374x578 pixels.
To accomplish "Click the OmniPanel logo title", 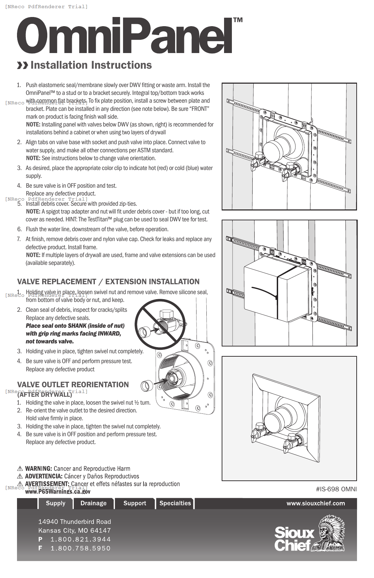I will pos(124,36).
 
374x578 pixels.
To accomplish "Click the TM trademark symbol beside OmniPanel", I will pos(238,20).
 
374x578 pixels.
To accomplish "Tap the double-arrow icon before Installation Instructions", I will pos(22,65).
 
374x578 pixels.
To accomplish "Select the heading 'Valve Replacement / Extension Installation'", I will pos(108,282).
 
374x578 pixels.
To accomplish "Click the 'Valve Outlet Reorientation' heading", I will pos(73,385).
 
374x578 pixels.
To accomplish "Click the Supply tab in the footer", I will pos(55,503).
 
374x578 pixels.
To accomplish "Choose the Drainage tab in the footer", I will pos(93,503).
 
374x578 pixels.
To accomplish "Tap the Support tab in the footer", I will pos(135,503).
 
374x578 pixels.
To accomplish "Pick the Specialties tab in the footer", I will pos(175,503).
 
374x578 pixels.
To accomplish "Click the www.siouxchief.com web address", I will pos(316,503).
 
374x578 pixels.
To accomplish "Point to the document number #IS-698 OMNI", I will pos(336,489).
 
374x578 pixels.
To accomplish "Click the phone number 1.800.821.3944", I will pos(81,539).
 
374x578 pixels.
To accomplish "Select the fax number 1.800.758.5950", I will pos(81,548).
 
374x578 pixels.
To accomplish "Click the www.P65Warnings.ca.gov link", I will pos(58,491).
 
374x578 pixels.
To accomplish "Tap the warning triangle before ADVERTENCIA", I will pos(20,476).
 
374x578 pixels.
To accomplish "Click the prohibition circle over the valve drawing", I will pos(160,324).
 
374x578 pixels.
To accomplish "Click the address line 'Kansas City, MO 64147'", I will pos(74,530).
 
